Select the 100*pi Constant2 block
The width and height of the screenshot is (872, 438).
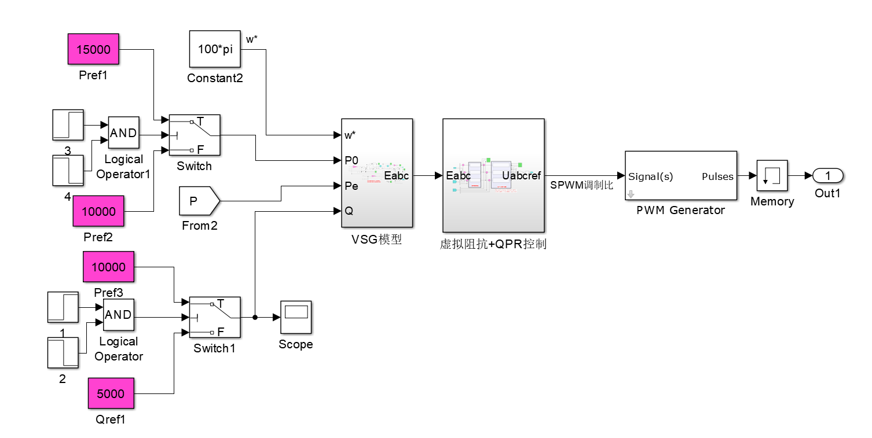tap(215, 49)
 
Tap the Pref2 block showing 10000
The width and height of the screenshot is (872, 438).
tap(98, 211)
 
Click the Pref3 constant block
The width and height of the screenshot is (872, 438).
tap(108, 267)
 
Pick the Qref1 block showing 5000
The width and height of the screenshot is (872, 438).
tap(111, 393)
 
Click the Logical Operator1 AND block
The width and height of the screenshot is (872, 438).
tap(123, 133)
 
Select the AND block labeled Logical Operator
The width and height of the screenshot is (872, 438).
tap(118, 315)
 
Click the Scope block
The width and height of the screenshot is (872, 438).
tap(296, 317)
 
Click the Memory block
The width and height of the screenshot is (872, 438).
tap(772, 176)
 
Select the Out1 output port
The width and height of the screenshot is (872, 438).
tap(827, 175)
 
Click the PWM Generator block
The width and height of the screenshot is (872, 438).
tap(680, 176)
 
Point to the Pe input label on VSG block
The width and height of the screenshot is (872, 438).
tap(351, 186)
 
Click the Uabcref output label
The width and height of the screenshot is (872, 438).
tap(521, 176)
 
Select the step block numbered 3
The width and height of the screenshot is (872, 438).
tap(68, 125)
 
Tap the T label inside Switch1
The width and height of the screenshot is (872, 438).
tap(220, 304)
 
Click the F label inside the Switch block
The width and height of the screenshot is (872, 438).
tap(200, 150)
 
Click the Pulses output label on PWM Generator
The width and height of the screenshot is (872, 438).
tap(717, 176)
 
